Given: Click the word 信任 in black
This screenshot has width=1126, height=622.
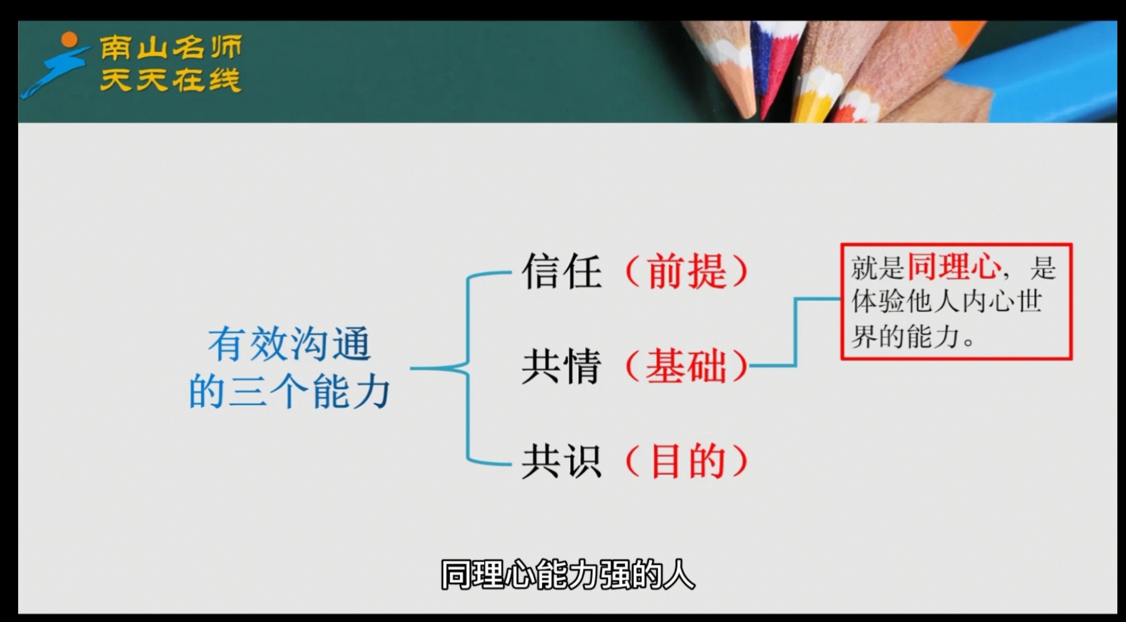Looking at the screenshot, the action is [x=561, y=271].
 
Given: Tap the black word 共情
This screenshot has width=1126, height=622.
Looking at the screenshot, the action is [x=561, y=366].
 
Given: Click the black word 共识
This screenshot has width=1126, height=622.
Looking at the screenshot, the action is [x=561, y=461].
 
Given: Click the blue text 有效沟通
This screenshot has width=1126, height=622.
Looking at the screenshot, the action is [x=290, y=345].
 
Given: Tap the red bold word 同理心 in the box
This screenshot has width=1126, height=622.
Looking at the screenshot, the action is [x=953, y=267].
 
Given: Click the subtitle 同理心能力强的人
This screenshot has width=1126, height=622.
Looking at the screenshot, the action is [x=568, y=575].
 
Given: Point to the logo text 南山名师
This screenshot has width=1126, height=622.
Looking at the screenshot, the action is [x=171, y=48].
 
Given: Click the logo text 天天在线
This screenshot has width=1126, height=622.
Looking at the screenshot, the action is [x=171, y=80].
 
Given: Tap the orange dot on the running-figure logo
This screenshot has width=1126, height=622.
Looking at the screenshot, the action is [x=69, y=40].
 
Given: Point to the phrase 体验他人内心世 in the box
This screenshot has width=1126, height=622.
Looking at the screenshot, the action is [x=947, y=302].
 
